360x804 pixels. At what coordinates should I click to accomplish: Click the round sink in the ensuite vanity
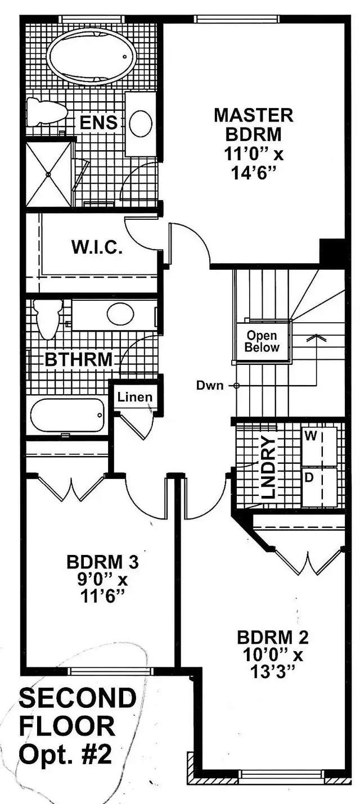(x=140, y=123)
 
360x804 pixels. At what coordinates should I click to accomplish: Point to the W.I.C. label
(x=97, y=247)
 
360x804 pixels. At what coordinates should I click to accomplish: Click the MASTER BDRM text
(x=253, y=125)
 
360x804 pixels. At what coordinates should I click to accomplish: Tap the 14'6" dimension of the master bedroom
(x=253, y=174)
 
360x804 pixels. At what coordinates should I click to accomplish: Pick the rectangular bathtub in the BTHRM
(x=67, y=416)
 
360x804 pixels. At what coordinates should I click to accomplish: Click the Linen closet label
(x=135, y=397)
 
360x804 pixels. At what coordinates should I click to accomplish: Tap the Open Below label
(x=262, y=341)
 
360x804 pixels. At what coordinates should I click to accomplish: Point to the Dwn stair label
(x=210, y=386)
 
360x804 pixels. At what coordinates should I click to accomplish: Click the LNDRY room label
(x=268, y=467)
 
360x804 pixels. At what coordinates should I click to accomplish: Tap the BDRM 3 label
(x=102, y=562)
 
